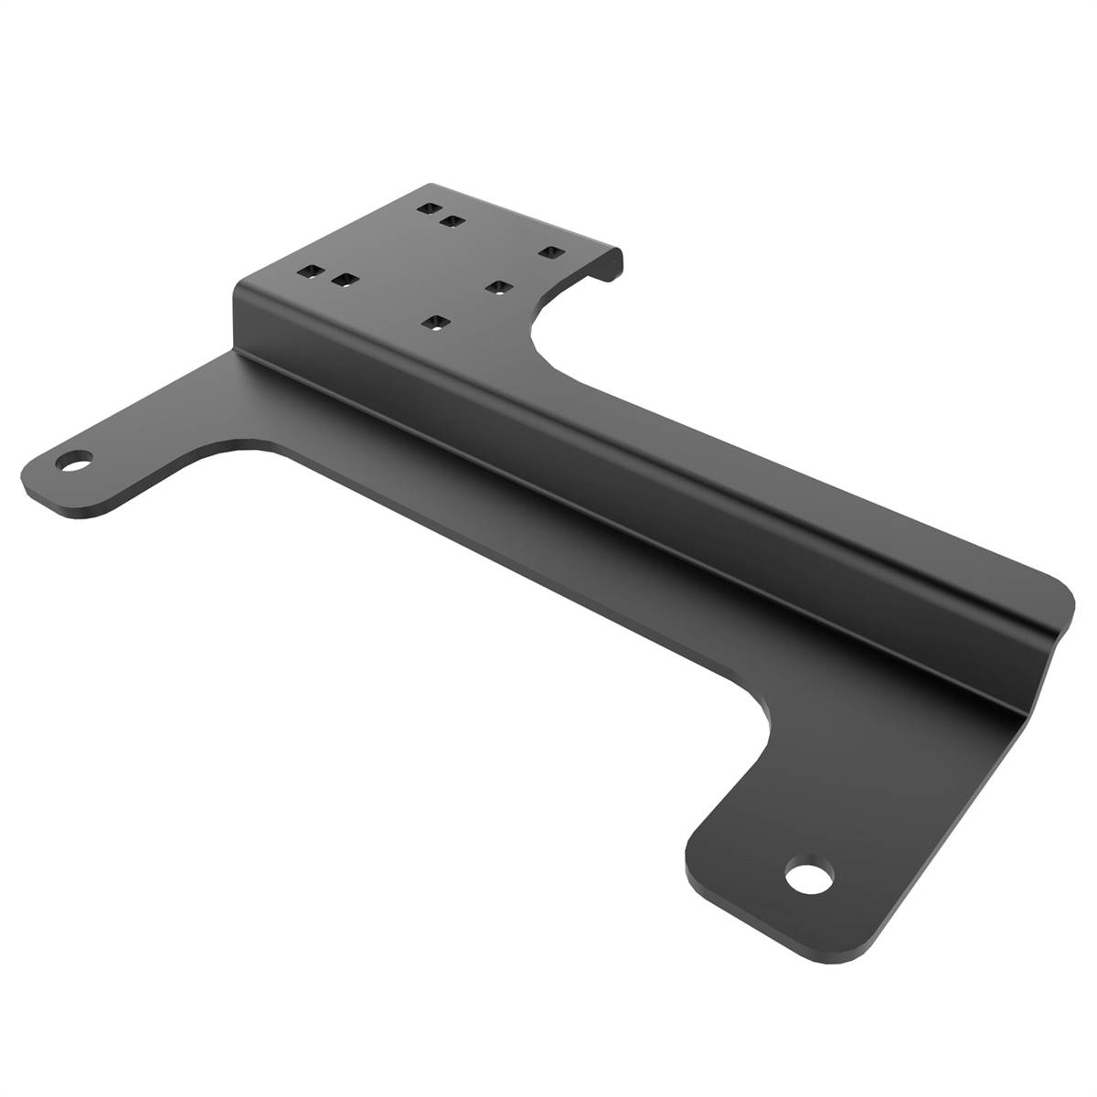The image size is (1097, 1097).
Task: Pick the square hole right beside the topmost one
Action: click(x=450, y=219)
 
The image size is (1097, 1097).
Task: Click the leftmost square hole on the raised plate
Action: click(x=311, y=272)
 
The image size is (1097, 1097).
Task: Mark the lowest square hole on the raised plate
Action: click(x=437, y=322)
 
